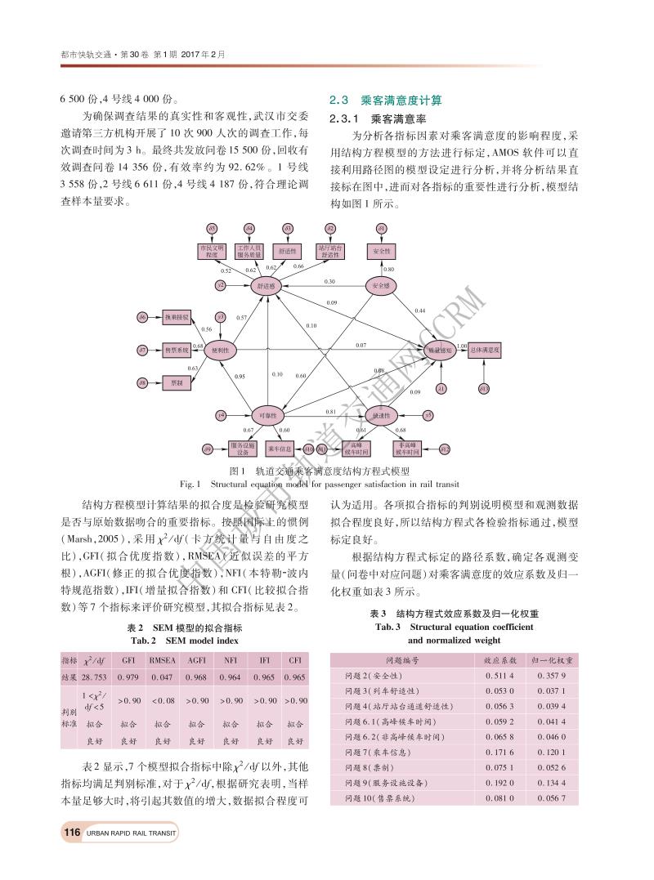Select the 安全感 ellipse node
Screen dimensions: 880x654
380,286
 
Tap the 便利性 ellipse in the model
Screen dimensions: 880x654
221,349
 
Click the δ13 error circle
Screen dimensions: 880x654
483,388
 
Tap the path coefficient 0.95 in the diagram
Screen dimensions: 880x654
240,376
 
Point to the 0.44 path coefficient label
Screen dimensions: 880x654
419,310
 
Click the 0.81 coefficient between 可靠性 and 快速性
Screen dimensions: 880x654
331,412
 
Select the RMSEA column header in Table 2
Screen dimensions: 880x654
162,659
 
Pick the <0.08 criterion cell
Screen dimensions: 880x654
162,700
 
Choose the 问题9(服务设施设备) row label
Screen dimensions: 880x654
387,783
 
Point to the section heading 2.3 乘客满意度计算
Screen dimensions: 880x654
385,101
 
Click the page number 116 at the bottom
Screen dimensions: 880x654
70,833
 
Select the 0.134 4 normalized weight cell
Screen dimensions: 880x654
553,783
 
